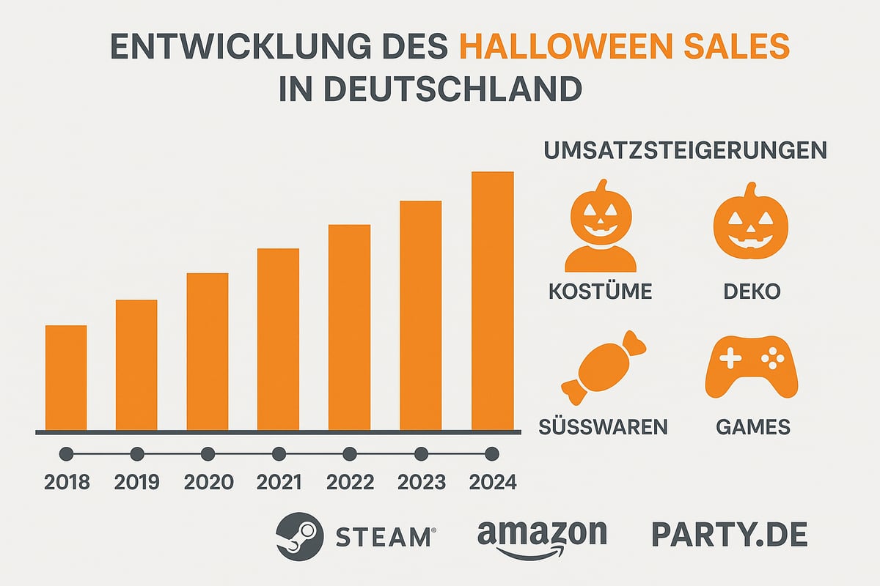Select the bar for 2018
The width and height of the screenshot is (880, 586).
click(x=66, y=377)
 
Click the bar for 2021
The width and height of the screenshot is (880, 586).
click(x=278, y=339)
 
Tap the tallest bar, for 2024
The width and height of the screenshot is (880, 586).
click(x=492, y=301)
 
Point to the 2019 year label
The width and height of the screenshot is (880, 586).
click(x=137, y=483)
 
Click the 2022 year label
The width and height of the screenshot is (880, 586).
click(x=350, y=483)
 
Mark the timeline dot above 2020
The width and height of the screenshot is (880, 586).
click(x=208, y=454)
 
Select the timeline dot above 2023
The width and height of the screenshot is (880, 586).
click(x=421, y=454)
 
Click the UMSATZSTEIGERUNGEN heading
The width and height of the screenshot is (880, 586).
click(x=685, y=151)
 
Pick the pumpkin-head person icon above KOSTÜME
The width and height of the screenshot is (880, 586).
click(x=600, y=226)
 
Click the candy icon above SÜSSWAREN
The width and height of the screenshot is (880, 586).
click(x=600, y=367)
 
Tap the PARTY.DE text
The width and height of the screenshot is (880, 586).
click(x=729, y=535)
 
